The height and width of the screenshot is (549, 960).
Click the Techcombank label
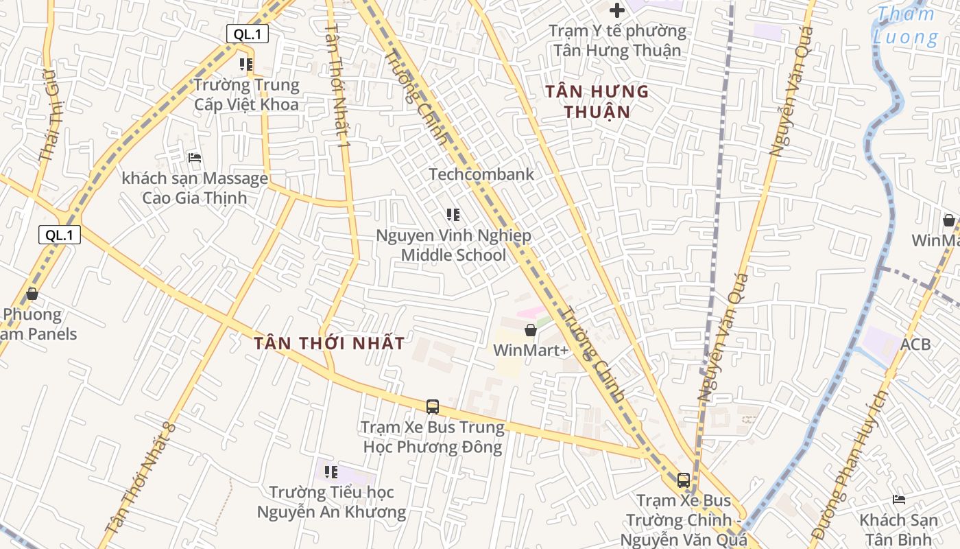(481, 174)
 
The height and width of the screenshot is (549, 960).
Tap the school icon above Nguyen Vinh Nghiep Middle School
(453, 215)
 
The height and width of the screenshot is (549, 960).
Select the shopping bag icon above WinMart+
(530, 330)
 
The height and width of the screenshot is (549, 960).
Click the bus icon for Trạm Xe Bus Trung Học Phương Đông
(432, 406)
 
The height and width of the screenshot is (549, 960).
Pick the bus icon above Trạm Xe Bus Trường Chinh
(683, 480)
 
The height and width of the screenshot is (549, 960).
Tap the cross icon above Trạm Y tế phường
(617, 10)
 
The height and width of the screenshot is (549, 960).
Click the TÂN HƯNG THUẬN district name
(597, 101)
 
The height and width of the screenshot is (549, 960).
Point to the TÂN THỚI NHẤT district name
(329, 343)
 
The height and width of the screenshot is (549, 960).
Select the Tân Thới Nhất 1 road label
(338, 86)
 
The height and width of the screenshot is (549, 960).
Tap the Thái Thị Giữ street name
(51, 130)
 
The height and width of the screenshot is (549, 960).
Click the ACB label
(915, 344)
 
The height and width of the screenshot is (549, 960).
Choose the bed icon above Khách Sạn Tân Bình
(899, 499)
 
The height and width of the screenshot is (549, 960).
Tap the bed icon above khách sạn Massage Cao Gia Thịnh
(195, 158)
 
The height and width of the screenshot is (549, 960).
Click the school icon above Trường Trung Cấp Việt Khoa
(246, 65)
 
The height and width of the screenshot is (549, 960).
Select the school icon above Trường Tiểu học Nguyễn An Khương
(331, 471)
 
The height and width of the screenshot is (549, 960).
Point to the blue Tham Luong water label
(905, 25)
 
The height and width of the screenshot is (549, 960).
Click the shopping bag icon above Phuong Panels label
(32, 294)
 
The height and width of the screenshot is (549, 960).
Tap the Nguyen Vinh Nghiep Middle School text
(453, 246)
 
